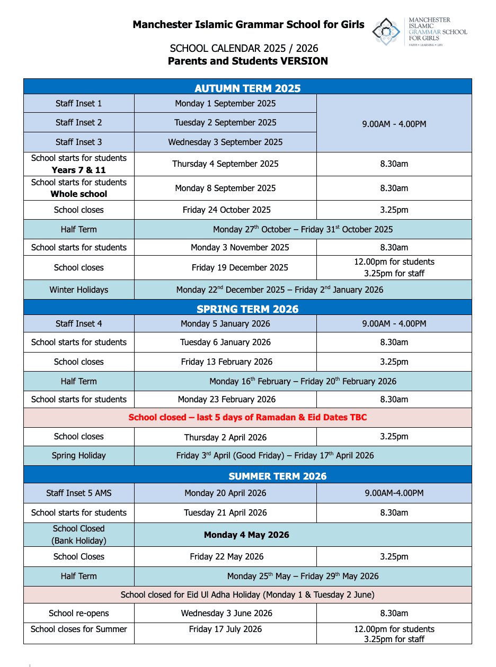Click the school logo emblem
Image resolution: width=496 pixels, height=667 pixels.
click(386, 32)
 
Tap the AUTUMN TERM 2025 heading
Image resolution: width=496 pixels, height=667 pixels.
click(247, 88)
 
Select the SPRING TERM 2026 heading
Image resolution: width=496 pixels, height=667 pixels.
click(247, 309)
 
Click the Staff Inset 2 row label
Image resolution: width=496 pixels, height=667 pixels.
click(79, 122)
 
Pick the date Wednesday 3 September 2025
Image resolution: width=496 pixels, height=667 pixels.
click(225, 142)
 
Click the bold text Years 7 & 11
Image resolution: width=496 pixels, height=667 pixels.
click(79, 170)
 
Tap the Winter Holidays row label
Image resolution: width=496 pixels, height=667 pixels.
click(79, 290)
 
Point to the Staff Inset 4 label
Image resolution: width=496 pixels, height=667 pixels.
click(79, 323)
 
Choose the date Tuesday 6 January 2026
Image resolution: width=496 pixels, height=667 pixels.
click(225, 342)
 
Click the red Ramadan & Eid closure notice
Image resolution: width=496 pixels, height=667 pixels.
click(247, 417)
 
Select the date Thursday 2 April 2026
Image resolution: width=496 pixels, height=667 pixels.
click(225, 437)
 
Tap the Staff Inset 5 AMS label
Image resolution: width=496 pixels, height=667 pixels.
click(79, 493)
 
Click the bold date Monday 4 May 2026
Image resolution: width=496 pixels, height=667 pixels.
click(246, 535)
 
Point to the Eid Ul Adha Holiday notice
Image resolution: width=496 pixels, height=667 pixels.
click(247, 594)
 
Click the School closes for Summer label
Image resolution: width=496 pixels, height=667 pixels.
click(79, 629)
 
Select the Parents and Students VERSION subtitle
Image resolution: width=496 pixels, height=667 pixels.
click(247, 61)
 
